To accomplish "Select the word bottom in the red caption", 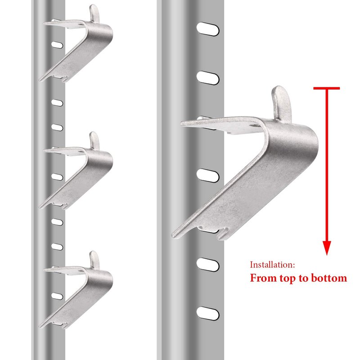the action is point(329,278).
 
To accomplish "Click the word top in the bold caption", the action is point(288,279).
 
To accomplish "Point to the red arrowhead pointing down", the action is point(327,248).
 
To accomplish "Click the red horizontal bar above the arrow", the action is point(327,88).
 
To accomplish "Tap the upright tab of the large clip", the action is point(282,104).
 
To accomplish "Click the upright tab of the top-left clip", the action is point(94,13).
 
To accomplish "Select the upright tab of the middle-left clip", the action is point(94,140).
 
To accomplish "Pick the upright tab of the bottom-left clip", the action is point(94,260).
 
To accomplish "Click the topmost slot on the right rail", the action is point(208,29).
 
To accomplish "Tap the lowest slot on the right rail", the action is point(208,313).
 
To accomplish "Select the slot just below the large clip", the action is point(208,265).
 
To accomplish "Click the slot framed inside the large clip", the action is point(208,175).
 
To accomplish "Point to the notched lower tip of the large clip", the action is point(221,237).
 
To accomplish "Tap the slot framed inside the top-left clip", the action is point(57,45).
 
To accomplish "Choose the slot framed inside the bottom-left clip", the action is point(57,296).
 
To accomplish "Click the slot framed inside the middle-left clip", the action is point(57,177).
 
